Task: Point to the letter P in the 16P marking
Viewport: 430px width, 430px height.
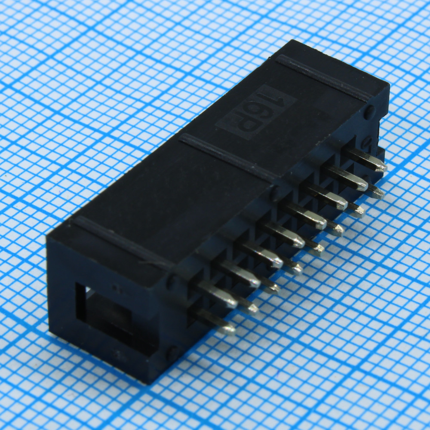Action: click(246, 125)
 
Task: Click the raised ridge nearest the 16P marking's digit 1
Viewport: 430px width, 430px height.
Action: click(324, 78)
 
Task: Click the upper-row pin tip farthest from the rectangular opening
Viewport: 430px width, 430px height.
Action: click(381, 166)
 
